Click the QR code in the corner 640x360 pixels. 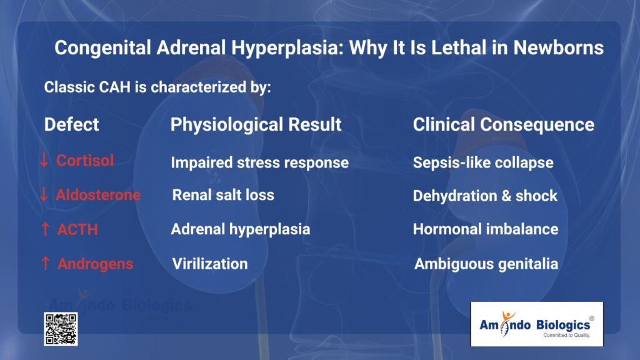pos(61,329)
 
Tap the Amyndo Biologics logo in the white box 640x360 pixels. pos(536,324)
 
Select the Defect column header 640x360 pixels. pos(71,124)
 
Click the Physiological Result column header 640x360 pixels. pos(256,124)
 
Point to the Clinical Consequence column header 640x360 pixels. pos(503,124)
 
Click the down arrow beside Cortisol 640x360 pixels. pos(44,161)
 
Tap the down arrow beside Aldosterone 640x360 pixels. pos(44,195)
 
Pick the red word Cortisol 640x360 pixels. pos(85,161)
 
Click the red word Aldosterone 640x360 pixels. pos(98,195)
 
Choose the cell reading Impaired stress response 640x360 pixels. pos(259,163)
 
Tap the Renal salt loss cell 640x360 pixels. pos(223,195)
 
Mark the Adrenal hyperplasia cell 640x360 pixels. pos(240,229)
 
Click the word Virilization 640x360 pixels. pos(209,264)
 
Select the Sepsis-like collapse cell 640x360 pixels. pos(482,163)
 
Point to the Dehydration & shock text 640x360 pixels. pos(484,196)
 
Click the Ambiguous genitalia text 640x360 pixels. pos(486,264)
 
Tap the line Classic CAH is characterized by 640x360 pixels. pos(157,87)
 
